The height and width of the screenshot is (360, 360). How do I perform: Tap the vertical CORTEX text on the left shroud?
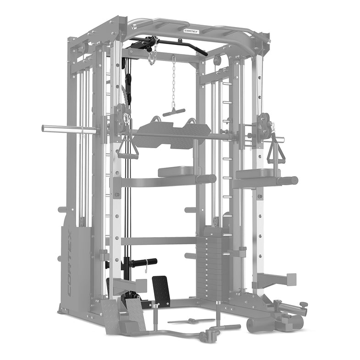click(x=69, y=263)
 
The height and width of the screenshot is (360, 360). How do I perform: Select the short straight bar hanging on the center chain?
click(x=174, y=112)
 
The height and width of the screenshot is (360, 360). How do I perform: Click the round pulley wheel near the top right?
click(x=217, y=60)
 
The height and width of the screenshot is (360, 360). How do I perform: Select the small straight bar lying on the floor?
click(x=190, y=321)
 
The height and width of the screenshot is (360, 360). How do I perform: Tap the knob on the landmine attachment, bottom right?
click(x=303, y=304)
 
